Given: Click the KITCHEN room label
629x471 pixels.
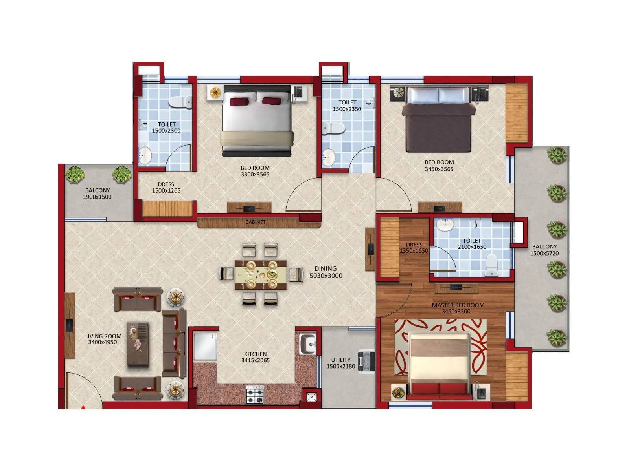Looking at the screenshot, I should click(255, 354).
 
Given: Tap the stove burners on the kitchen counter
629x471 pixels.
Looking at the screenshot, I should click(255, 394).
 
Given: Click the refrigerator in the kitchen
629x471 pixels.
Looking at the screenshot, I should click(205, 346).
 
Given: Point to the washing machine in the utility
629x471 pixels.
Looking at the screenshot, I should click(366, 363).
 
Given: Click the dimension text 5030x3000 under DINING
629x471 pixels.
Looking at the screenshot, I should click(326, 276).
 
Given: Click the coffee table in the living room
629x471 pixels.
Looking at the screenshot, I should click(138, 344).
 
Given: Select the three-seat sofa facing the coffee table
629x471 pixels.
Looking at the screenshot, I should click(173, 343).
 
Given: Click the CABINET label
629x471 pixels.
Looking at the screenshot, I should click(256, 222).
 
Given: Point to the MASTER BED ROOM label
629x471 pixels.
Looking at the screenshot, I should click(458, 305).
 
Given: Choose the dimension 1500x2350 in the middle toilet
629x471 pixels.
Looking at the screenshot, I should click(347, 109).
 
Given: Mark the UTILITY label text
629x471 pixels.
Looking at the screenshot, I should click(340, 360).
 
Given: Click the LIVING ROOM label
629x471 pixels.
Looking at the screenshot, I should click(103, 336).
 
